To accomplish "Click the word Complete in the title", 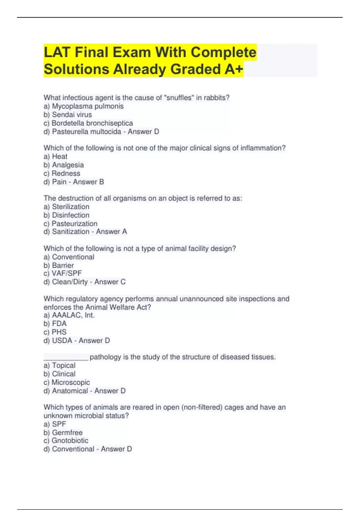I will click(x=223, y=52).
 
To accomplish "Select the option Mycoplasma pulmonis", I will click(x=88, y=106).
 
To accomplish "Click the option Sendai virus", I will click(x=72, y=115).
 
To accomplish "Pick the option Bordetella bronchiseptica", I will click(x=92, y=123).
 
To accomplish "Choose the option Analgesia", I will click(x=68, y=165).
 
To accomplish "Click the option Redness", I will click(x=66, y=173).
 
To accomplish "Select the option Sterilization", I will click(x=70, y=207).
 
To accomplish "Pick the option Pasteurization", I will click(x=74, y=223).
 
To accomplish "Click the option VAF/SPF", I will click(x=67, y=273).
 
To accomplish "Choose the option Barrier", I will click(x=63, y=265).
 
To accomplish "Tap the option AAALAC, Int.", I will click(x=73, y=315).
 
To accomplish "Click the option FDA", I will click(x=59, y=324).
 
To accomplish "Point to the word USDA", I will click(x=62, y=340).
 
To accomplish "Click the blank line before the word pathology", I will click(x=66, y=358).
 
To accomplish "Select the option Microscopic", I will click(x=70, y=382).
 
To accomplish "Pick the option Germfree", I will click(x=67, y=432).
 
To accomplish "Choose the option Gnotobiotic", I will click(x=70, y=440).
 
